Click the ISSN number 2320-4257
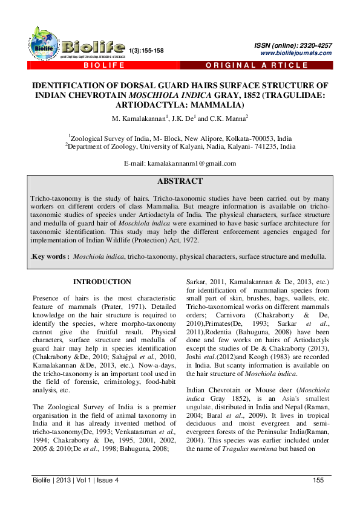[x=315, y=45]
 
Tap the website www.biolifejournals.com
[x=296, y=53]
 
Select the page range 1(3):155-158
[x=146, y=51]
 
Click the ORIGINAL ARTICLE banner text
[x=257, y=65]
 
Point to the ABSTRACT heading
[x=180, y=181]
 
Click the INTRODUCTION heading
[x=102, y=282]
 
